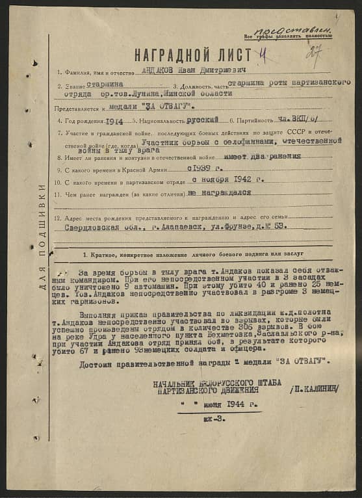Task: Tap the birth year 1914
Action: [114, 121]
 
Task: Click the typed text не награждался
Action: [220, 193]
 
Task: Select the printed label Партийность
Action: [253, 122]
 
